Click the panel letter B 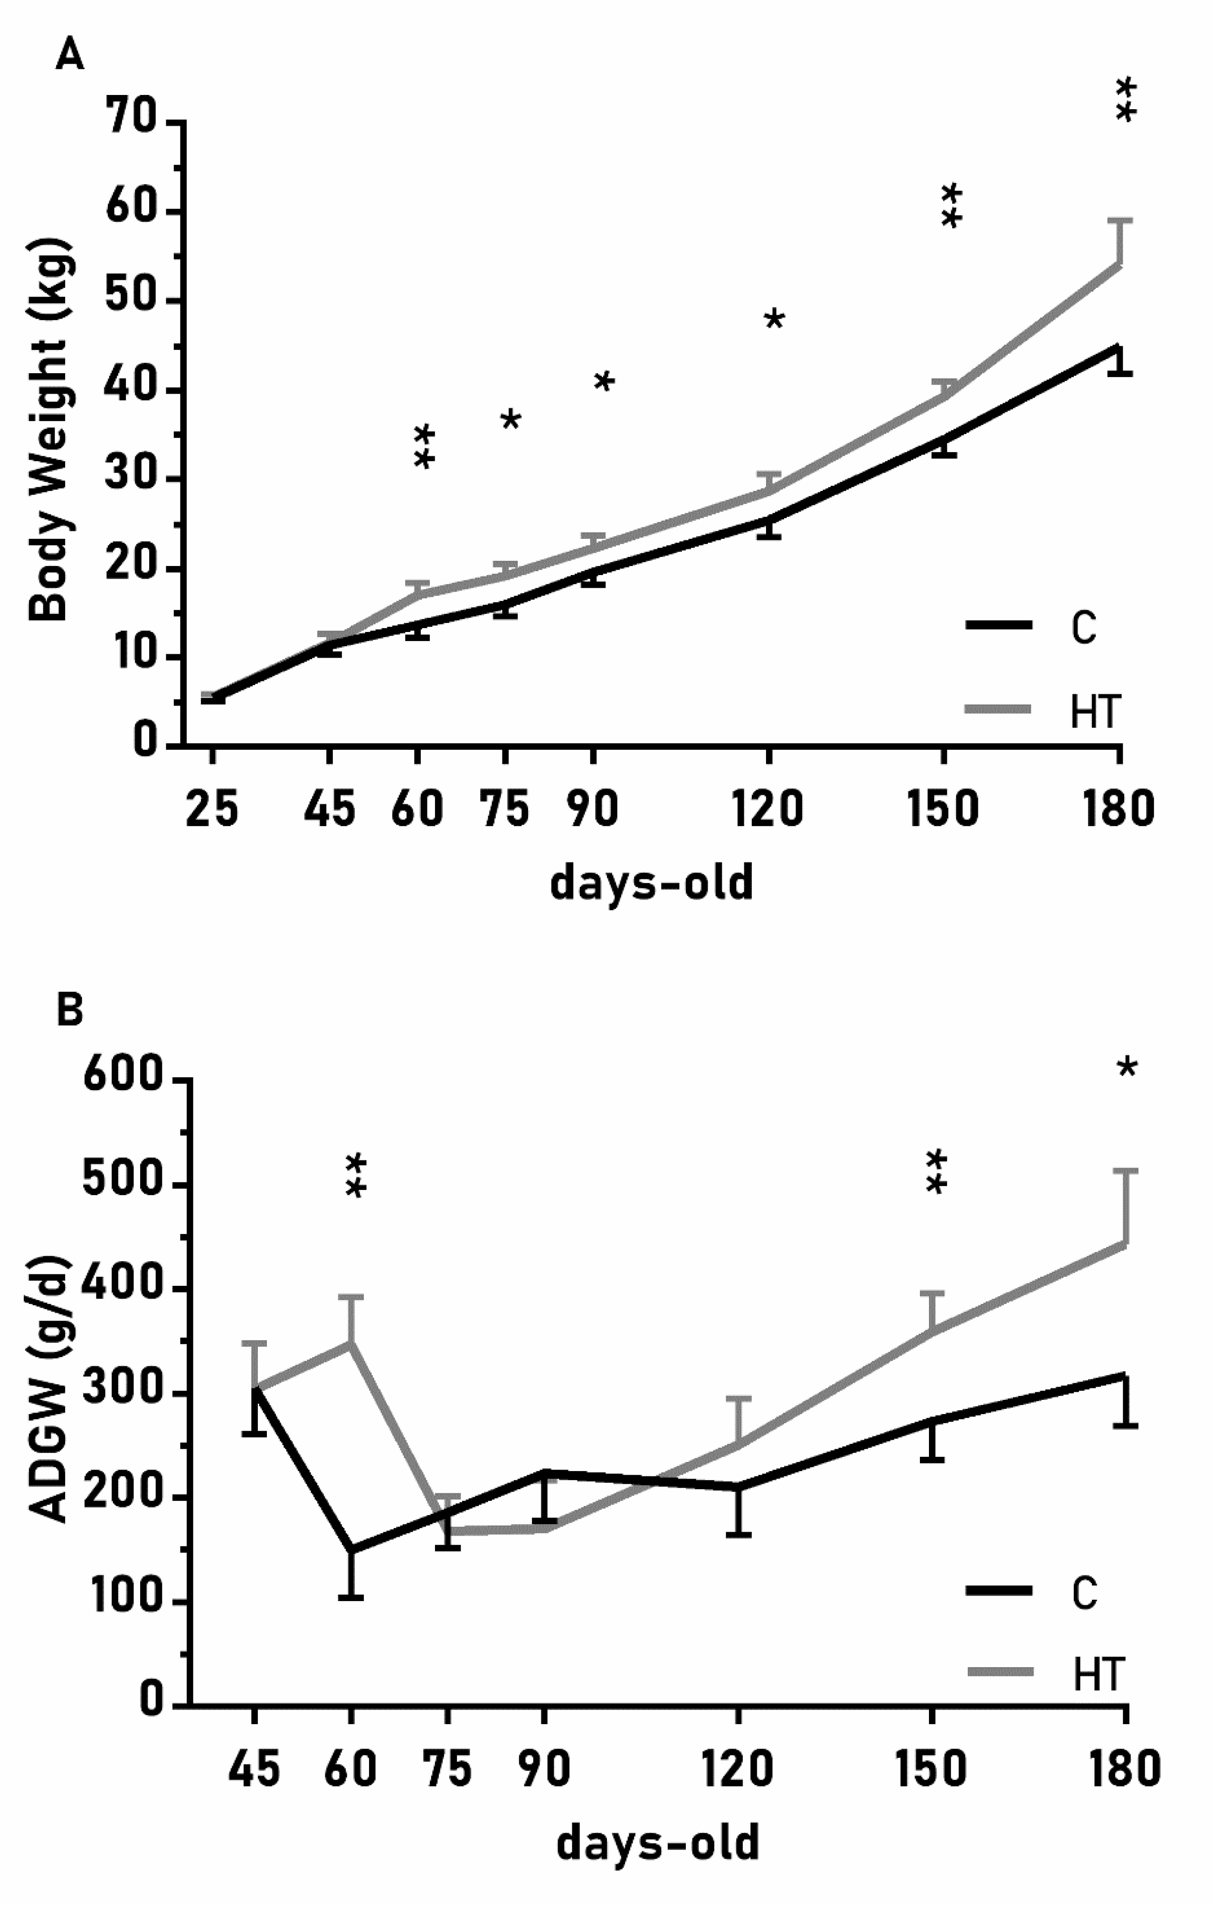(70, 1011)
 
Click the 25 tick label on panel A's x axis (211, 809)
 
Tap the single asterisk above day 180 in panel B (1127, 1068)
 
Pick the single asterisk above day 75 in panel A (510, 419)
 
